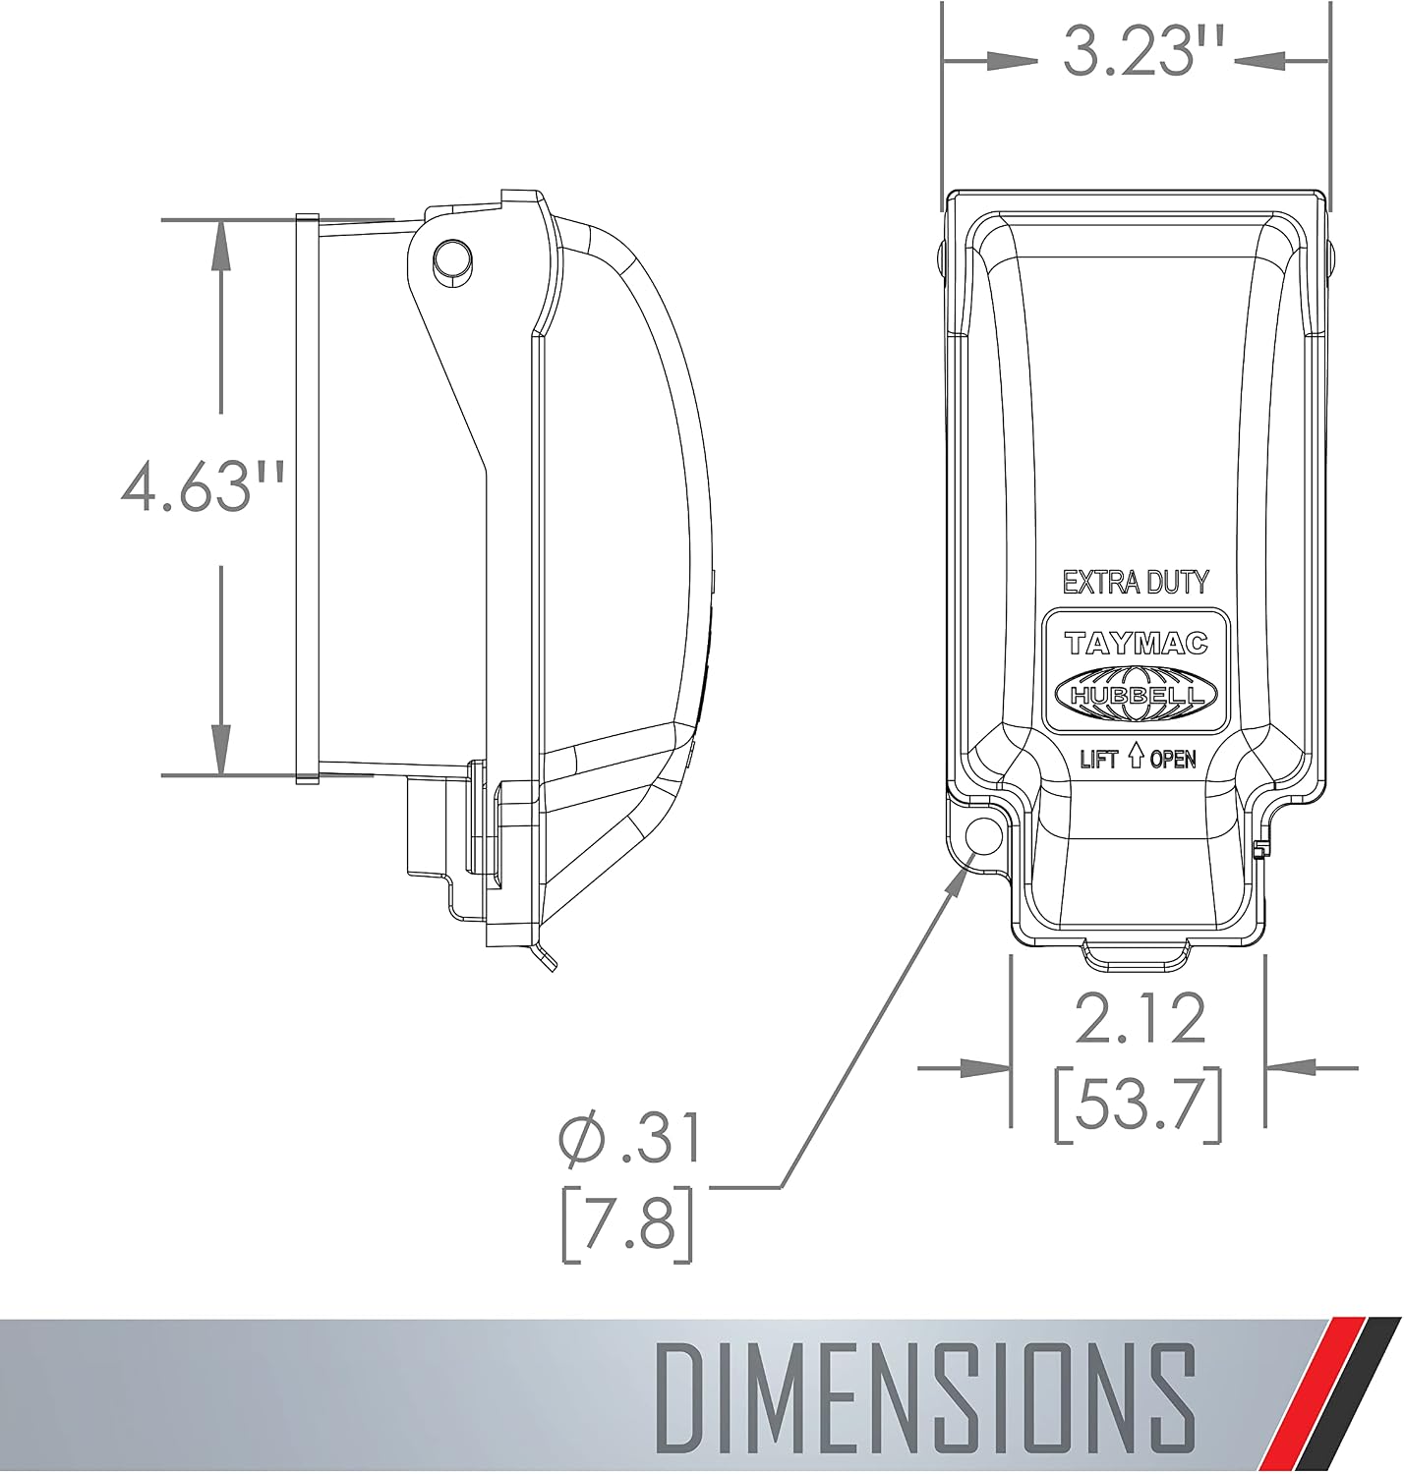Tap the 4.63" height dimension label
(x=203, y=488)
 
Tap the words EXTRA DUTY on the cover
(x=1137, y=582)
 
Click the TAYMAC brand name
(x=1137, y=644)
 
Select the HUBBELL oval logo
(x=1137, y=694)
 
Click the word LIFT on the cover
(x=1099, y=760)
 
